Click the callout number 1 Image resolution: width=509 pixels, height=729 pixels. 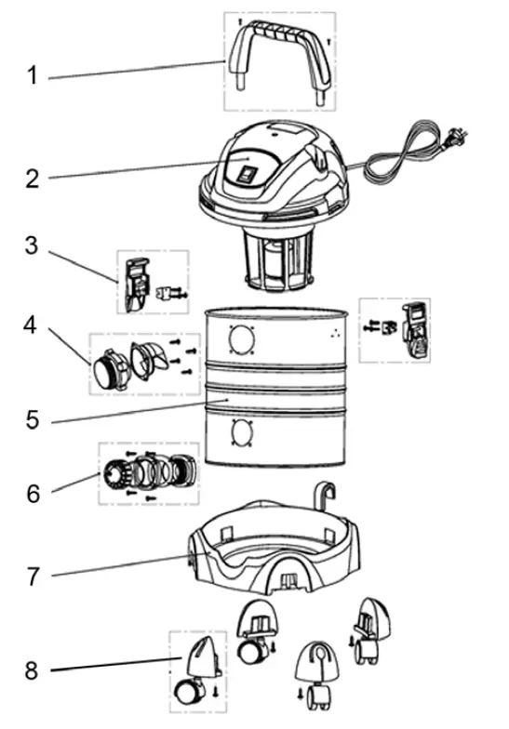(33, 75)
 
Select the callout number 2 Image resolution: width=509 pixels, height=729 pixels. (33, 179)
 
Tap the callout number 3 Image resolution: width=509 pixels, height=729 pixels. (33, 246)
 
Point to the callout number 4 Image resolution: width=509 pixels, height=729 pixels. (33, 327)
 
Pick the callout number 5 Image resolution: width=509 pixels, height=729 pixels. (33, 419)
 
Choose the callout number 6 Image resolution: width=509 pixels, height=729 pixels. (33, 492)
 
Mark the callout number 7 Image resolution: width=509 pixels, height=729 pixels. (33, 577)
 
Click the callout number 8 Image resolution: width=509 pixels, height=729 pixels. (33, 669)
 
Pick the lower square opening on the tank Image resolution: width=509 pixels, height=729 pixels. (241, 434)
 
